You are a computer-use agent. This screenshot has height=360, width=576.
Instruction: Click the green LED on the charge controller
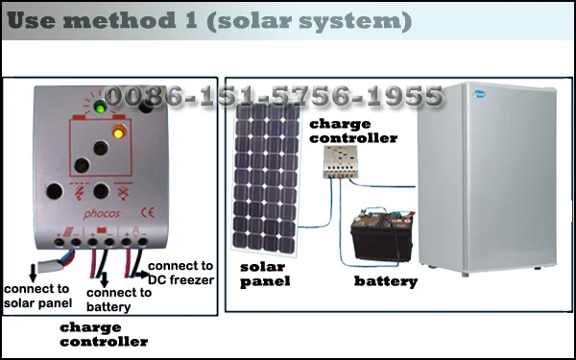tap(99, 106)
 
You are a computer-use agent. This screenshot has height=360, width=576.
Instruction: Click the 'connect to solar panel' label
tap(37, 296)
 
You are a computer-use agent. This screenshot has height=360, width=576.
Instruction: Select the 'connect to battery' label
tap(119, 300)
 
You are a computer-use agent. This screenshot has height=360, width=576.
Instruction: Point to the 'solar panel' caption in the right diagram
tap(265, 274)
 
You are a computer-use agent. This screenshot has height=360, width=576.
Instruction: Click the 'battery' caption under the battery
tap(386, 281)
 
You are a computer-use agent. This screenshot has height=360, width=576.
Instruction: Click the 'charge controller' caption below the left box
tap(103, 333)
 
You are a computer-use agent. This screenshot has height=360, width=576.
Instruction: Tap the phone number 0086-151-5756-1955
tap(274, 96)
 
